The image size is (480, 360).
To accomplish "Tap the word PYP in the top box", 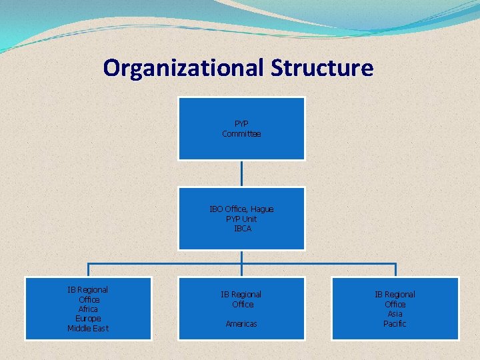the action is click(241, 124).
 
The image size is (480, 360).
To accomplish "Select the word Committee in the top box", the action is click(241, 134).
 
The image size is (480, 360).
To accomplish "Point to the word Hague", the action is click(261, 209).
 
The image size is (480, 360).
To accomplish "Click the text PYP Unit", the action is click(241, 219).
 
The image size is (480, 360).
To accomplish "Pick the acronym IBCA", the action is click(242, 229).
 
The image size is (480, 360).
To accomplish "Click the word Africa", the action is click(88, 309).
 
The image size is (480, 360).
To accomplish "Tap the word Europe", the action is click(88, 319).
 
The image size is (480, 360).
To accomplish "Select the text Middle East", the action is click(88, 329).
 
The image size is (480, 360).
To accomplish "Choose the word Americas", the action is click(241, 323).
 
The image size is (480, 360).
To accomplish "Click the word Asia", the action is click(395, 314).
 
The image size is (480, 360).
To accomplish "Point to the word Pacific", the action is click(395, 324).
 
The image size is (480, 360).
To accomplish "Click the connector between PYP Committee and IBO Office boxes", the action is click(241, 173).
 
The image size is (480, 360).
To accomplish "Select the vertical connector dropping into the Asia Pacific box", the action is click(395, 270).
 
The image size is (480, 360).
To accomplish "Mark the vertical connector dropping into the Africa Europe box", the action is click(89, 270).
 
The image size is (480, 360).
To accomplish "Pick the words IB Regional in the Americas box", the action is click(241, 294).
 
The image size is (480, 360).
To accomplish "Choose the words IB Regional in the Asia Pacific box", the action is click(395, 294).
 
